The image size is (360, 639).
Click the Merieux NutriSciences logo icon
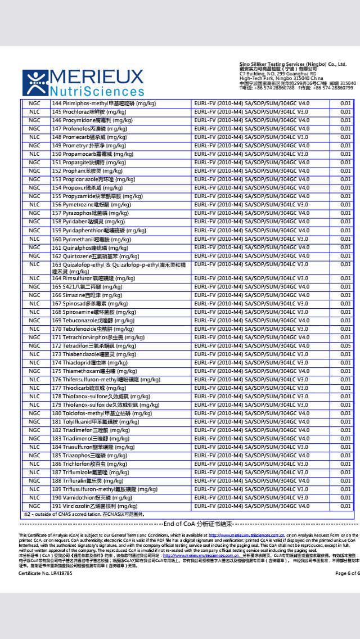(35, 83)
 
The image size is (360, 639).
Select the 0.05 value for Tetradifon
(345, 346)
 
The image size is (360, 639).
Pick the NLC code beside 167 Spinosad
(35, 304)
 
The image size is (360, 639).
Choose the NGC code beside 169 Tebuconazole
(35, 321)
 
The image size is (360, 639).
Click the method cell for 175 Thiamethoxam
(251, 371)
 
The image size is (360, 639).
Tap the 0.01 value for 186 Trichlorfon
(345, 464)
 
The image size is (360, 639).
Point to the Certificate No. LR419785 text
(46, 573)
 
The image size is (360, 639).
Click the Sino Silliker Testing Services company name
(292, 65)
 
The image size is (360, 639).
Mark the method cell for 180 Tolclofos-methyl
(251, 413)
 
